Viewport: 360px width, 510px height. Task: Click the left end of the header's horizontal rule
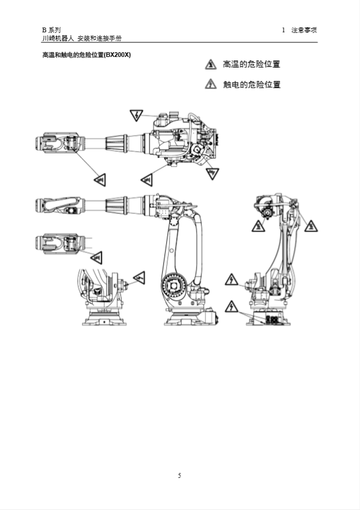(x=41, y=42)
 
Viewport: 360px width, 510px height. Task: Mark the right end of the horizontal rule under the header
(x=317, y=42)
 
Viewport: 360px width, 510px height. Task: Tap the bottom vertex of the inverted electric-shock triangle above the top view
(x=136, y=121)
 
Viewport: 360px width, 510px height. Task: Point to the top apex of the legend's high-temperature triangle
(x=211, y=59)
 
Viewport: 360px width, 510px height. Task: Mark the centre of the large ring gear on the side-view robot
(x=174, y=286)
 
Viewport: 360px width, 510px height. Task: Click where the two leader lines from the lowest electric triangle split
(x=240, y=311)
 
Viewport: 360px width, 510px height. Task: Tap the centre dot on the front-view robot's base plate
(x=104, y=321)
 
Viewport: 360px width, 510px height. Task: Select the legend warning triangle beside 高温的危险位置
(x=211, y=65)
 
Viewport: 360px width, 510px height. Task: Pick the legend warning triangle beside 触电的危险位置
(x=211, y=84)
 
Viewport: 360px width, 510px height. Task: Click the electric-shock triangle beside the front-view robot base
(x=140, y=277)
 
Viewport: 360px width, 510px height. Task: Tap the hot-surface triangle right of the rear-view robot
(x=311, y=226)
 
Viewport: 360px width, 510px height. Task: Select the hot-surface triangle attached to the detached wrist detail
(x=96, y=257)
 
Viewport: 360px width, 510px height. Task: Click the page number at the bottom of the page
(x=180, y=475)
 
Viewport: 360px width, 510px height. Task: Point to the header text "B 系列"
(x=51, y=30)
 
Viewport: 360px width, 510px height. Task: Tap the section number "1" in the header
(x=284, y=30)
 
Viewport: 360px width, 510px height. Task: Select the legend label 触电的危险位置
(x=252, y=85)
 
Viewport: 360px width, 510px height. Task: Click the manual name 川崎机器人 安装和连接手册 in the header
(x=82, y=38)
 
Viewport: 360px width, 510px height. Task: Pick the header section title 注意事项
(x=304, y=30)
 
